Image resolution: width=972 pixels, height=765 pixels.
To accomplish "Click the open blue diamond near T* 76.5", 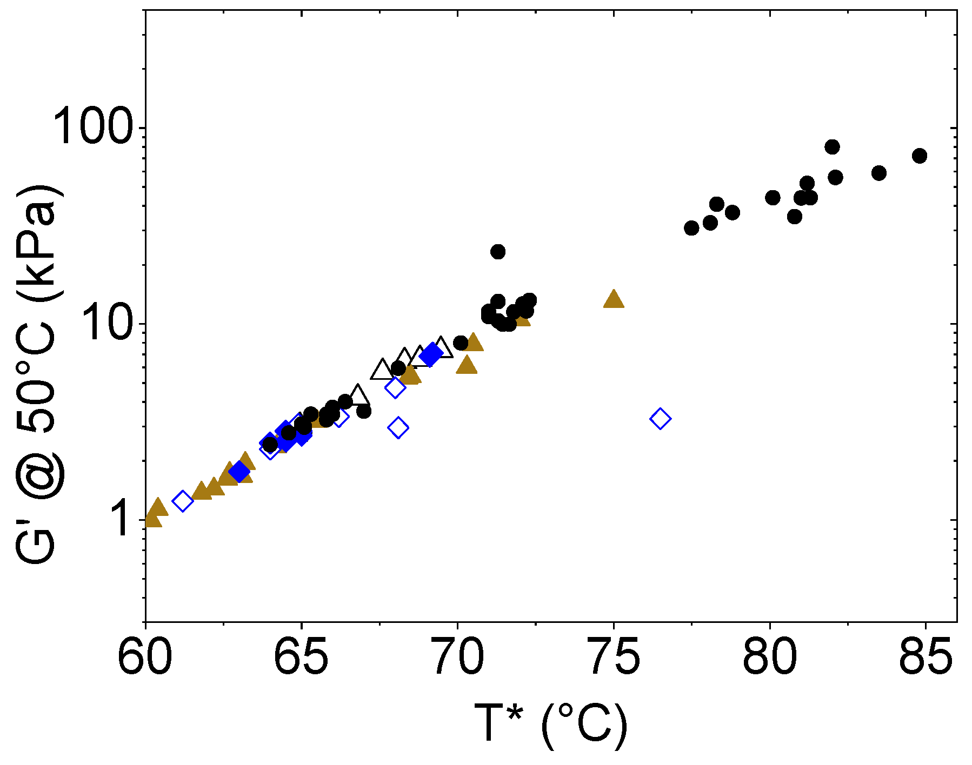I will click(660, 418).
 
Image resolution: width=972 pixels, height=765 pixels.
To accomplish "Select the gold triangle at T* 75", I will click(613, 299).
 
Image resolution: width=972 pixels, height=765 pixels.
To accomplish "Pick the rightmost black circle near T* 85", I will click(919, 156).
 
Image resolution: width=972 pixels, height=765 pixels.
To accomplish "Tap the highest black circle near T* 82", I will click(832, 146).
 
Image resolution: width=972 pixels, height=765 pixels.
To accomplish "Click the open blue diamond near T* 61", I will click(183, 501).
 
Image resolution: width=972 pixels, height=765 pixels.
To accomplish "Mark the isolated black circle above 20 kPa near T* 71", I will click(497, 251).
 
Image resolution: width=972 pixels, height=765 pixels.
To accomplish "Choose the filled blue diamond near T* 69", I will click(431, 354).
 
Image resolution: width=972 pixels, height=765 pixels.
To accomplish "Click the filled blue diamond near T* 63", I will click(239, 472).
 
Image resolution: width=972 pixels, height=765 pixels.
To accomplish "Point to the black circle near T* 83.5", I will click(878, 173).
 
